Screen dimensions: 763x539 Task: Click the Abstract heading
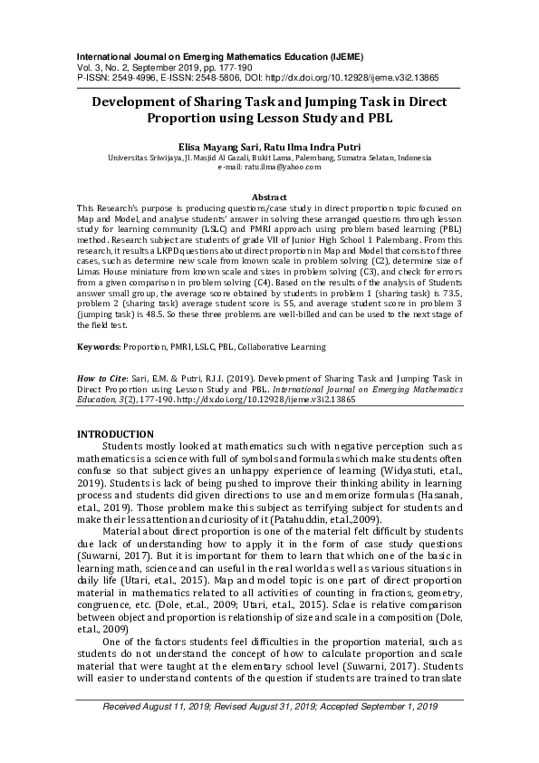[x=269, y=197]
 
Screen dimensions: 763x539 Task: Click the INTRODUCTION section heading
[x=115, y=434]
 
